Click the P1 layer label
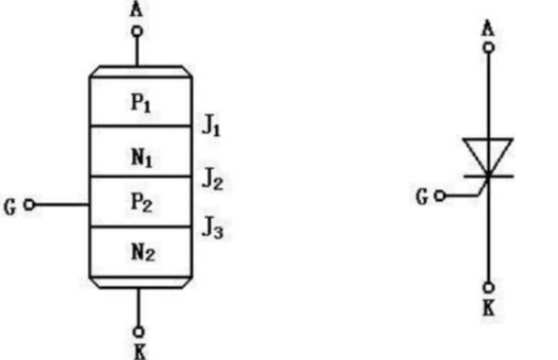click(x=141, y=103)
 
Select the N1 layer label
click(x=142, y=158)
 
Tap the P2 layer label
click(x=142, y=202)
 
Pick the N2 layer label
click(x=143, y=252)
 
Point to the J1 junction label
click(x=211, y=126)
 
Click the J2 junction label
click(x=213, y=179)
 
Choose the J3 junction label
click(x=213, y=228)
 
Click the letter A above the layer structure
click(x=137, y=9)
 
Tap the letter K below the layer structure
click(x=140, y=351)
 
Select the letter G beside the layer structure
click(x=10, y=207)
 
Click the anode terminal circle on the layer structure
click(x=137, y=32)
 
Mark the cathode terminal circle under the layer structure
click(x=139, y=332)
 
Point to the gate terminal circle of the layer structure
click(x=29, y=204)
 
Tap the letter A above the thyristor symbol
click(x=489, y=29)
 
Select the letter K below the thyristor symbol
click(x=489, y=308)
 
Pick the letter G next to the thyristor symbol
click(x=422, y=197)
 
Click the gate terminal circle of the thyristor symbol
click(x=440, y=195)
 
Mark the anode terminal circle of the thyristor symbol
click(x=489, y=48)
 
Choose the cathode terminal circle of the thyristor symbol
click(x=489, y=287)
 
